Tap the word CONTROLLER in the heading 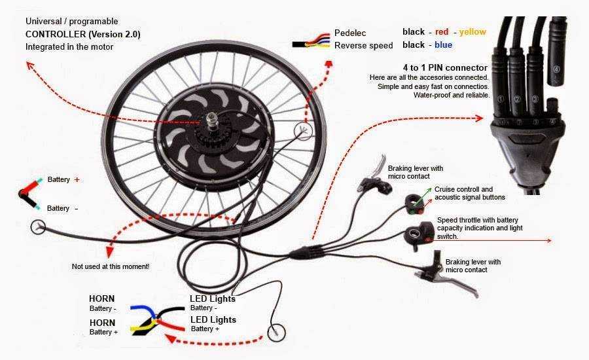pyautogui.click(x=50, y=34)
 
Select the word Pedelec pyautogui.click(x=351, y=32)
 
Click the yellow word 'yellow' pyautogui.click(x=473, y=31)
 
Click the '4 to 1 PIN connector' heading pyautogui.click(x=445, y=68)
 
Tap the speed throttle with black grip pyautogui.click(x=419, y=233)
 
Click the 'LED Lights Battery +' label pyautogui.click(x=213, y=324)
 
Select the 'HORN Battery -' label pyautogui.click(x=103, y=303)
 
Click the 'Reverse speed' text pyautogui.click(x=363, y=45)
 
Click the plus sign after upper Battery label pyautogui.click(x=77, y=179)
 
